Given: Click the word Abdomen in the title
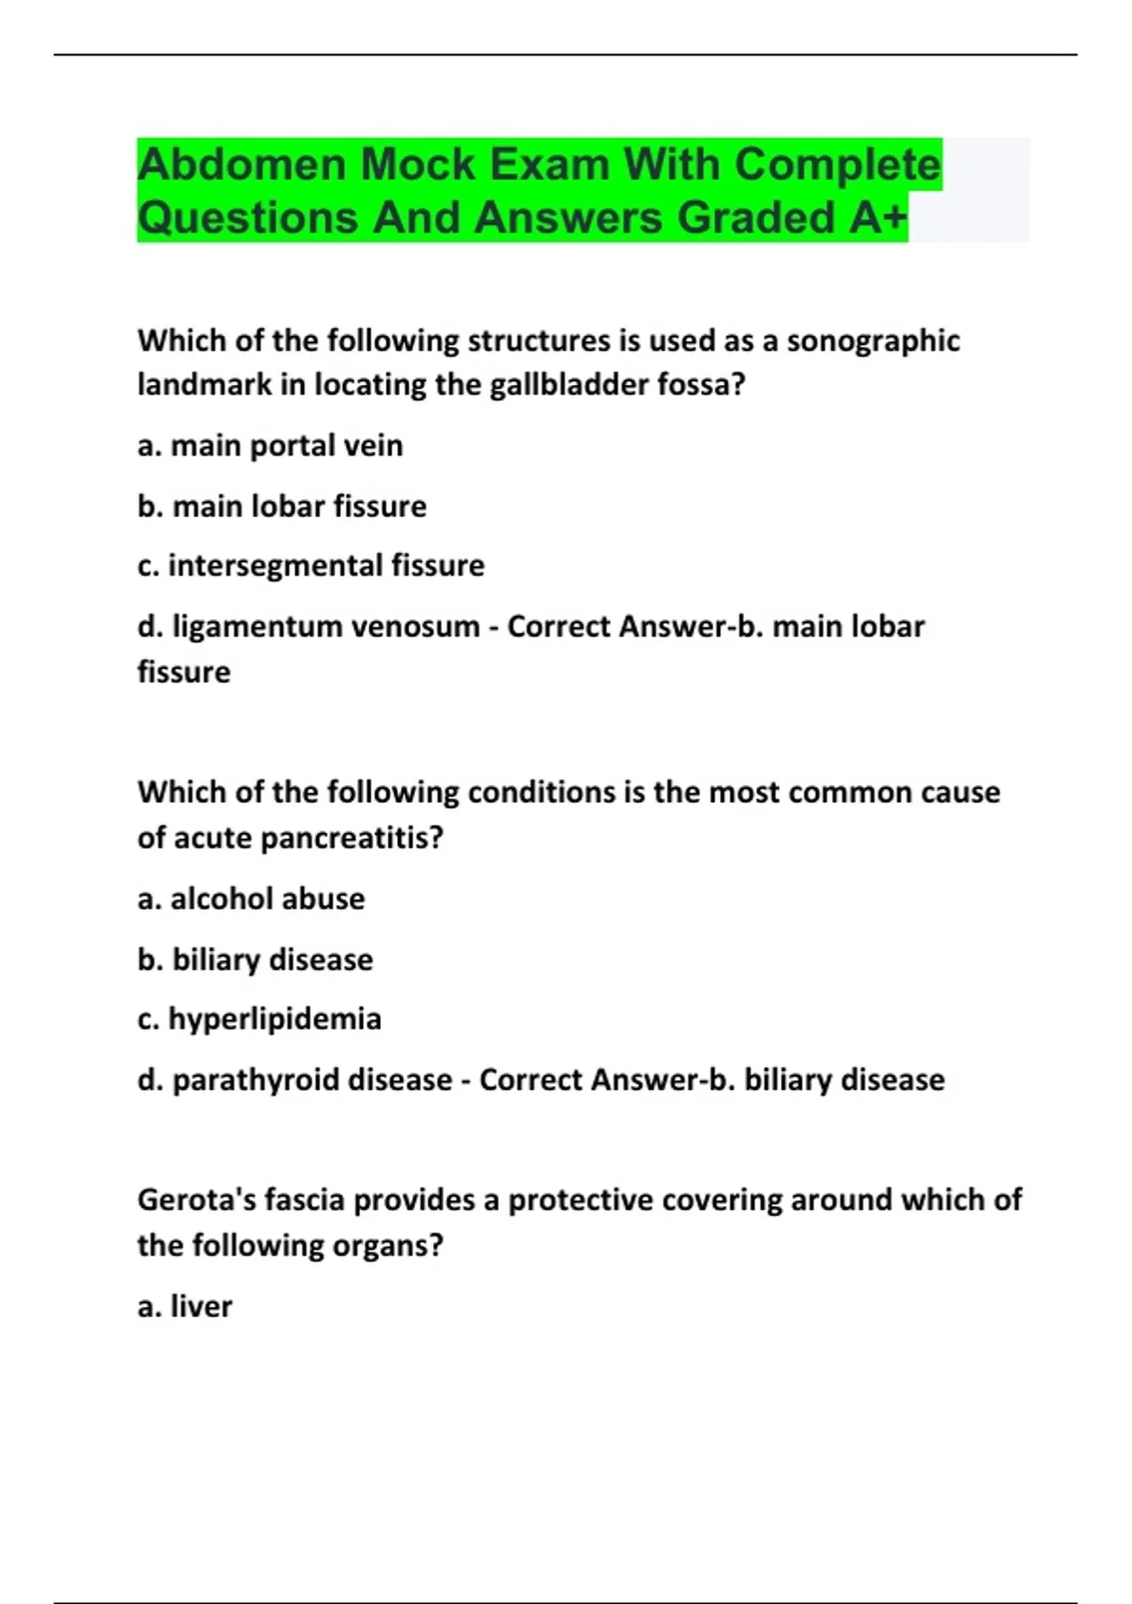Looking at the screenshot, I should (241, 165).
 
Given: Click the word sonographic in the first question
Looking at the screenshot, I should (873, 341).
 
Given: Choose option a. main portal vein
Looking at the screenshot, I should (270, 445).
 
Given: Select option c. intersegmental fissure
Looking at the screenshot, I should (310, 565).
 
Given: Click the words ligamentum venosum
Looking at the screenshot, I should (325, 627).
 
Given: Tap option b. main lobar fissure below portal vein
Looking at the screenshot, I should (281, 507).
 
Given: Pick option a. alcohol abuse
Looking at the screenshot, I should (251, 898).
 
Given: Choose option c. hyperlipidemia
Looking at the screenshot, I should (259, 1019).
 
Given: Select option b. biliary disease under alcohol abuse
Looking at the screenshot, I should (255, 960).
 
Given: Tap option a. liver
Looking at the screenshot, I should (185, 1307).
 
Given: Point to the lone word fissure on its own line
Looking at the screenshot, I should (184, 673).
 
